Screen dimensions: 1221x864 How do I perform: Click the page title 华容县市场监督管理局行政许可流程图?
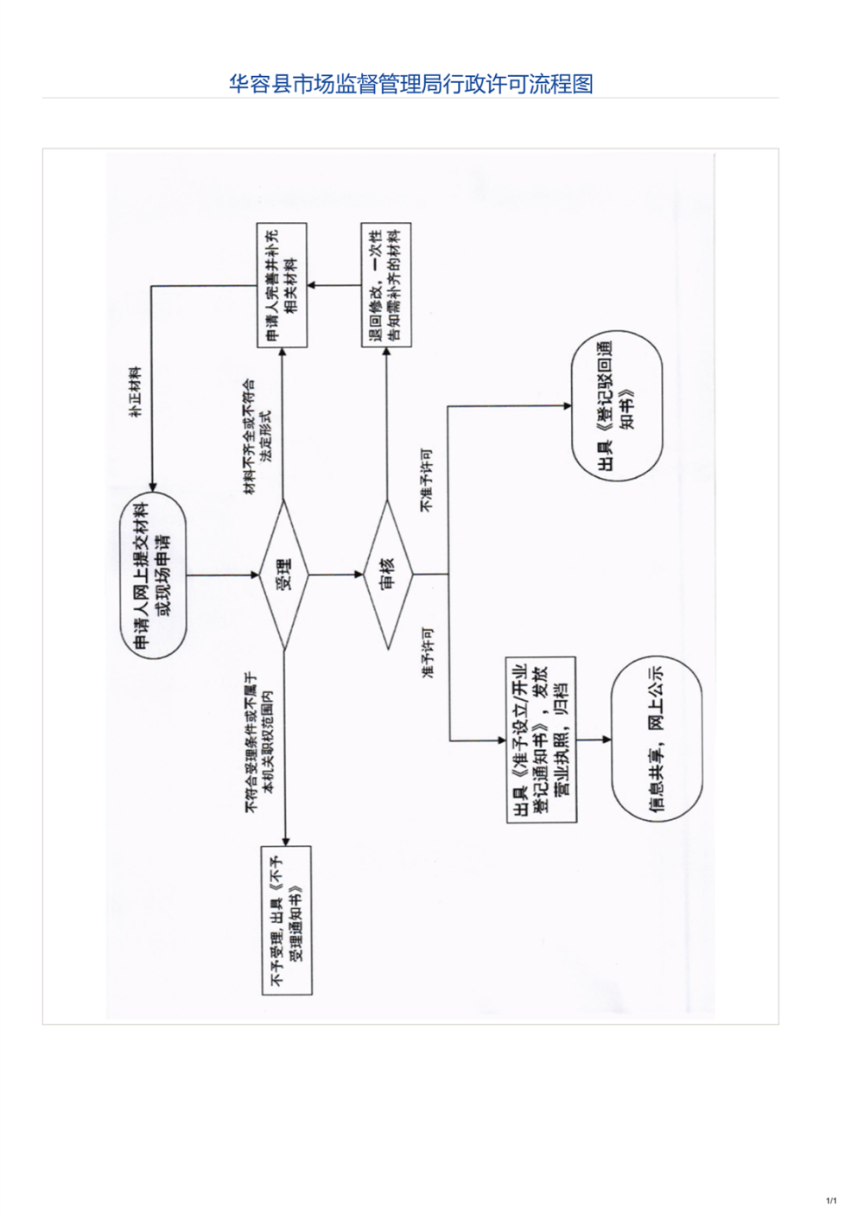[x=410, y=84]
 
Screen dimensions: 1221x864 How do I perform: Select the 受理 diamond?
[x=283, y=574]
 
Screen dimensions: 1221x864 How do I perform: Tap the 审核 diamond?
[x=387, y=574]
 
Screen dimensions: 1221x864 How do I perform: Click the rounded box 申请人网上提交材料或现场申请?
[x=153, y=574]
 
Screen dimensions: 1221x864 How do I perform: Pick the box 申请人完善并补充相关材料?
[x=283, y=285]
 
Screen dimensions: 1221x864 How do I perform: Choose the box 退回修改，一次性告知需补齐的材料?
[x=385, y=285]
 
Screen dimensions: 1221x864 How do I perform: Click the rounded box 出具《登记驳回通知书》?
[x=617, y=405]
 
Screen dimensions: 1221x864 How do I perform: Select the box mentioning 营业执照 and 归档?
[x=541, y=740]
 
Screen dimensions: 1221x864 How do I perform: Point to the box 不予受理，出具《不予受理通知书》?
[x=286, y=919]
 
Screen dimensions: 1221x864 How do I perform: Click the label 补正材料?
[x=135, y=392]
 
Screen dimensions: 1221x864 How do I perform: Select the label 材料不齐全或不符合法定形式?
[x=257, y=436]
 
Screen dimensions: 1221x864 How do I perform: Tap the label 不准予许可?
[x=427, y=480]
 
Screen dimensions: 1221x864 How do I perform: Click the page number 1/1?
[x=831, y=1200]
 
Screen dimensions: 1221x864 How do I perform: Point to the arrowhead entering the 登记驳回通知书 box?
[x=567, y=405]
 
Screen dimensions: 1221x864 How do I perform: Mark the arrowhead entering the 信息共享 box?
[x=607, y=740]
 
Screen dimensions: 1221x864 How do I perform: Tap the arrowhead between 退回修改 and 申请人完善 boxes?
[x=313, y=285]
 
